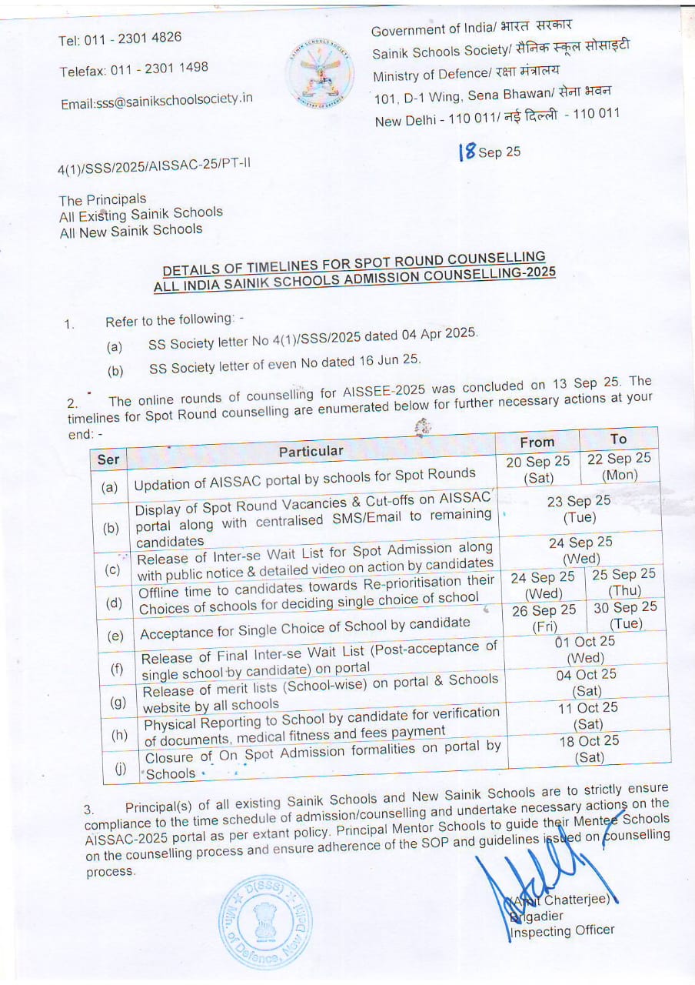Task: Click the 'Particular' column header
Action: pyautogui.click(x=311, y=451)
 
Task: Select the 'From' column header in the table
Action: pyautogui.click(x=537, y=442)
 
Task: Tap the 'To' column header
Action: pyautogui.click(x=618, y=439)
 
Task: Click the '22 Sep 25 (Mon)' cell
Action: pyautogui.click(x=619, y=466)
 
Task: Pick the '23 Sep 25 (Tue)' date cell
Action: pyautogui.click(x=579, y=509)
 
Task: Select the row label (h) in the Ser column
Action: pyautogui.click(x=119, y=734)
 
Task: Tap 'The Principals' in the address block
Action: pyautogui.click(x=102, y=199)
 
